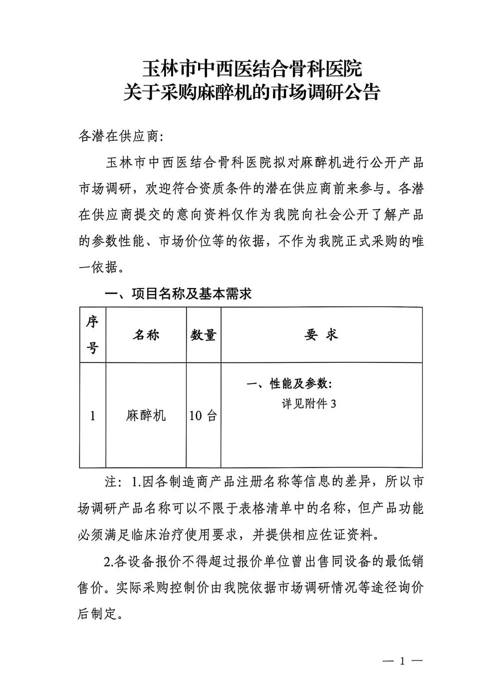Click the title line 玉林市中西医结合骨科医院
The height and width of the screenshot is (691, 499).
click(252, 67)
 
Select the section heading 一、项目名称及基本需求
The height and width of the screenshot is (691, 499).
click(178, 294)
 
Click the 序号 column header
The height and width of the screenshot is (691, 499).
click(93, 335)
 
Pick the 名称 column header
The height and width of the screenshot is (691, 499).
click(146, 335)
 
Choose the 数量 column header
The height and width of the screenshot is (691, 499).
click(203, 335)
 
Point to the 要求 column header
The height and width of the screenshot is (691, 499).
click(321, 335)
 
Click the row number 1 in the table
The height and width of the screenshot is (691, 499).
click(93, 415)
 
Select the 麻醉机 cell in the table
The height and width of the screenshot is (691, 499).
click(146, 415)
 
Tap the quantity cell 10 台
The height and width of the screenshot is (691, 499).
click(203, 415)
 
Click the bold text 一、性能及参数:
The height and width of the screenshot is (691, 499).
click(289, 384)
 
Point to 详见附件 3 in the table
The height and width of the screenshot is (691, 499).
click(309, 403)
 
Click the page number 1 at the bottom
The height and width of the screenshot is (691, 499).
click(402, 662)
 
